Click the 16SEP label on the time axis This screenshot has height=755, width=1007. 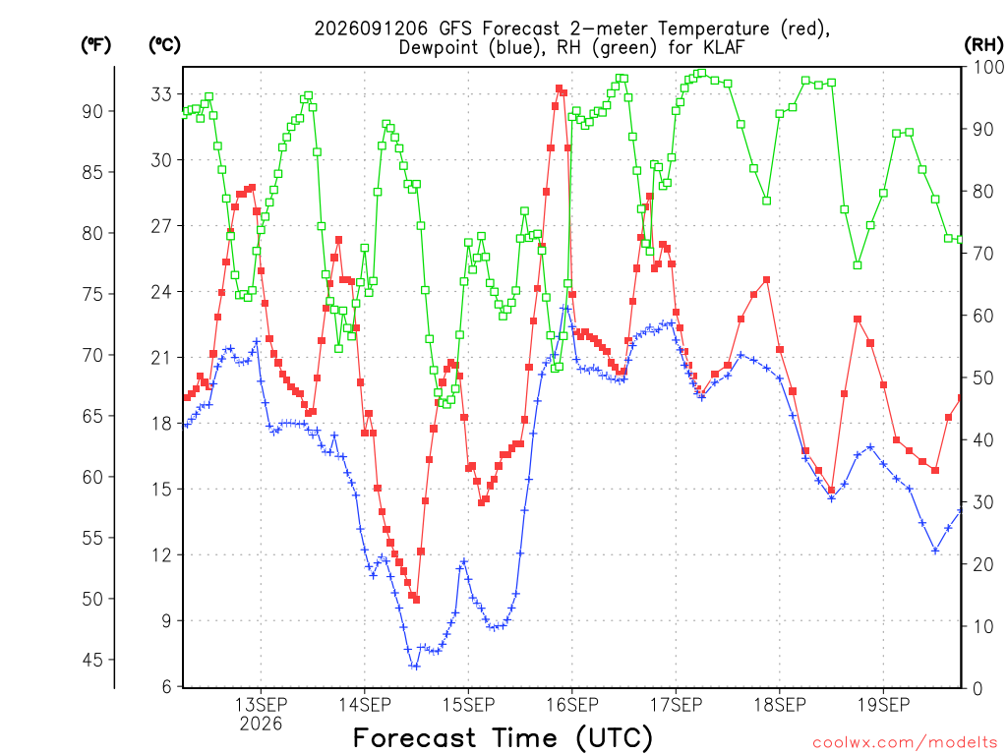click(x=572, y=705)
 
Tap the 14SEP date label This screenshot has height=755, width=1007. click(x=365, y=705)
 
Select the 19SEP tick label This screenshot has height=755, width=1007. click(x=884, y=705)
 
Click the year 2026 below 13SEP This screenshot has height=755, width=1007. click(x=261, y=725)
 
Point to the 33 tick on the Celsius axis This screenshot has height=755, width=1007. click(x=162, y=94)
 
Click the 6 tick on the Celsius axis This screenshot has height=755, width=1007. click(x=167, y=687)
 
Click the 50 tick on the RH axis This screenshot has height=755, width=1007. click(x=983, y=377)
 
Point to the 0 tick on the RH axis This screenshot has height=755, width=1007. click(x=978, y=688)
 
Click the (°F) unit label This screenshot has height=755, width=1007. click(x=95, y=45)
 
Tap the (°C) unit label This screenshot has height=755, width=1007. click(x=165, y=45)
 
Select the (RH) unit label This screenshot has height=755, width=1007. click(x=983, y=45)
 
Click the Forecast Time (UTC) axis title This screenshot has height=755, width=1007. click(x=503, y=737)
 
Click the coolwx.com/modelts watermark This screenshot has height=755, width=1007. click(x=905, y=742)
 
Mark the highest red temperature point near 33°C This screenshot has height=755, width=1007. click(x=559, y=88)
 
